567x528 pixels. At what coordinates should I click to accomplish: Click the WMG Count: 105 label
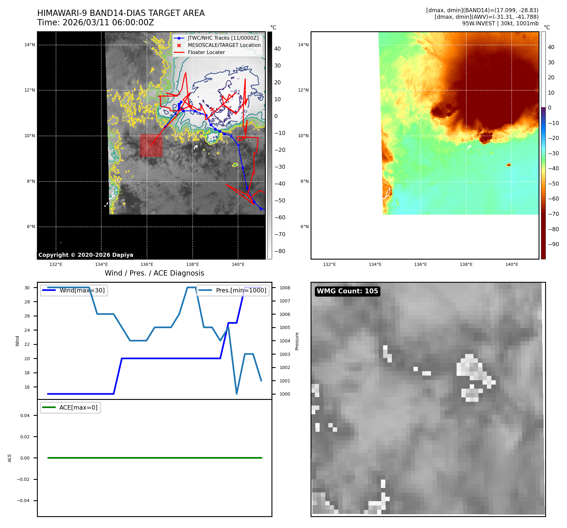[347, 291]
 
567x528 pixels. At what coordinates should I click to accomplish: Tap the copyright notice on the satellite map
[86, 255]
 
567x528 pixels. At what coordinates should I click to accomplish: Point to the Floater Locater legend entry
[206, 52]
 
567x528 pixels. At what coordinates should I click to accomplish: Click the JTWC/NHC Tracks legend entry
[223, 38]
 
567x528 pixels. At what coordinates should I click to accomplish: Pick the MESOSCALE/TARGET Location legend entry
[224, 45]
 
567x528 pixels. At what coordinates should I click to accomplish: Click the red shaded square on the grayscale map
[151, 145]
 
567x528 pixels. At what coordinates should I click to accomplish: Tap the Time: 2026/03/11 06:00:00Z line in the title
[95, 23]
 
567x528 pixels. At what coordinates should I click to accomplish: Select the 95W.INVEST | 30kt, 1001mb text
[500, 23]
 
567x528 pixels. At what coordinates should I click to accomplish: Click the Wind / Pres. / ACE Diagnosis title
[154, 273]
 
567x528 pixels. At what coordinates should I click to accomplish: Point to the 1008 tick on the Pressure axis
[285, 288]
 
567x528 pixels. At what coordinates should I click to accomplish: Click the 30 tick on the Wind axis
[27, 288]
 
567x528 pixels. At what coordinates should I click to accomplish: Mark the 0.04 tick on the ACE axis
[25, 416]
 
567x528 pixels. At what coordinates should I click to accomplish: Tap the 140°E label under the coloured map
[512, 265]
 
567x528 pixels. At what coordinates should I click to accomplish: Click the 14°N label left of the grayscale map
[30, 45]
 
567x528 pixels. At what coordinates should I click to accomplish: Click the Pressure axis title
[297, 341]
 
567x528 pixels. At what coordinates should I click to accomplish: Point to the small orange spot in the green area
[509, 165]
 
